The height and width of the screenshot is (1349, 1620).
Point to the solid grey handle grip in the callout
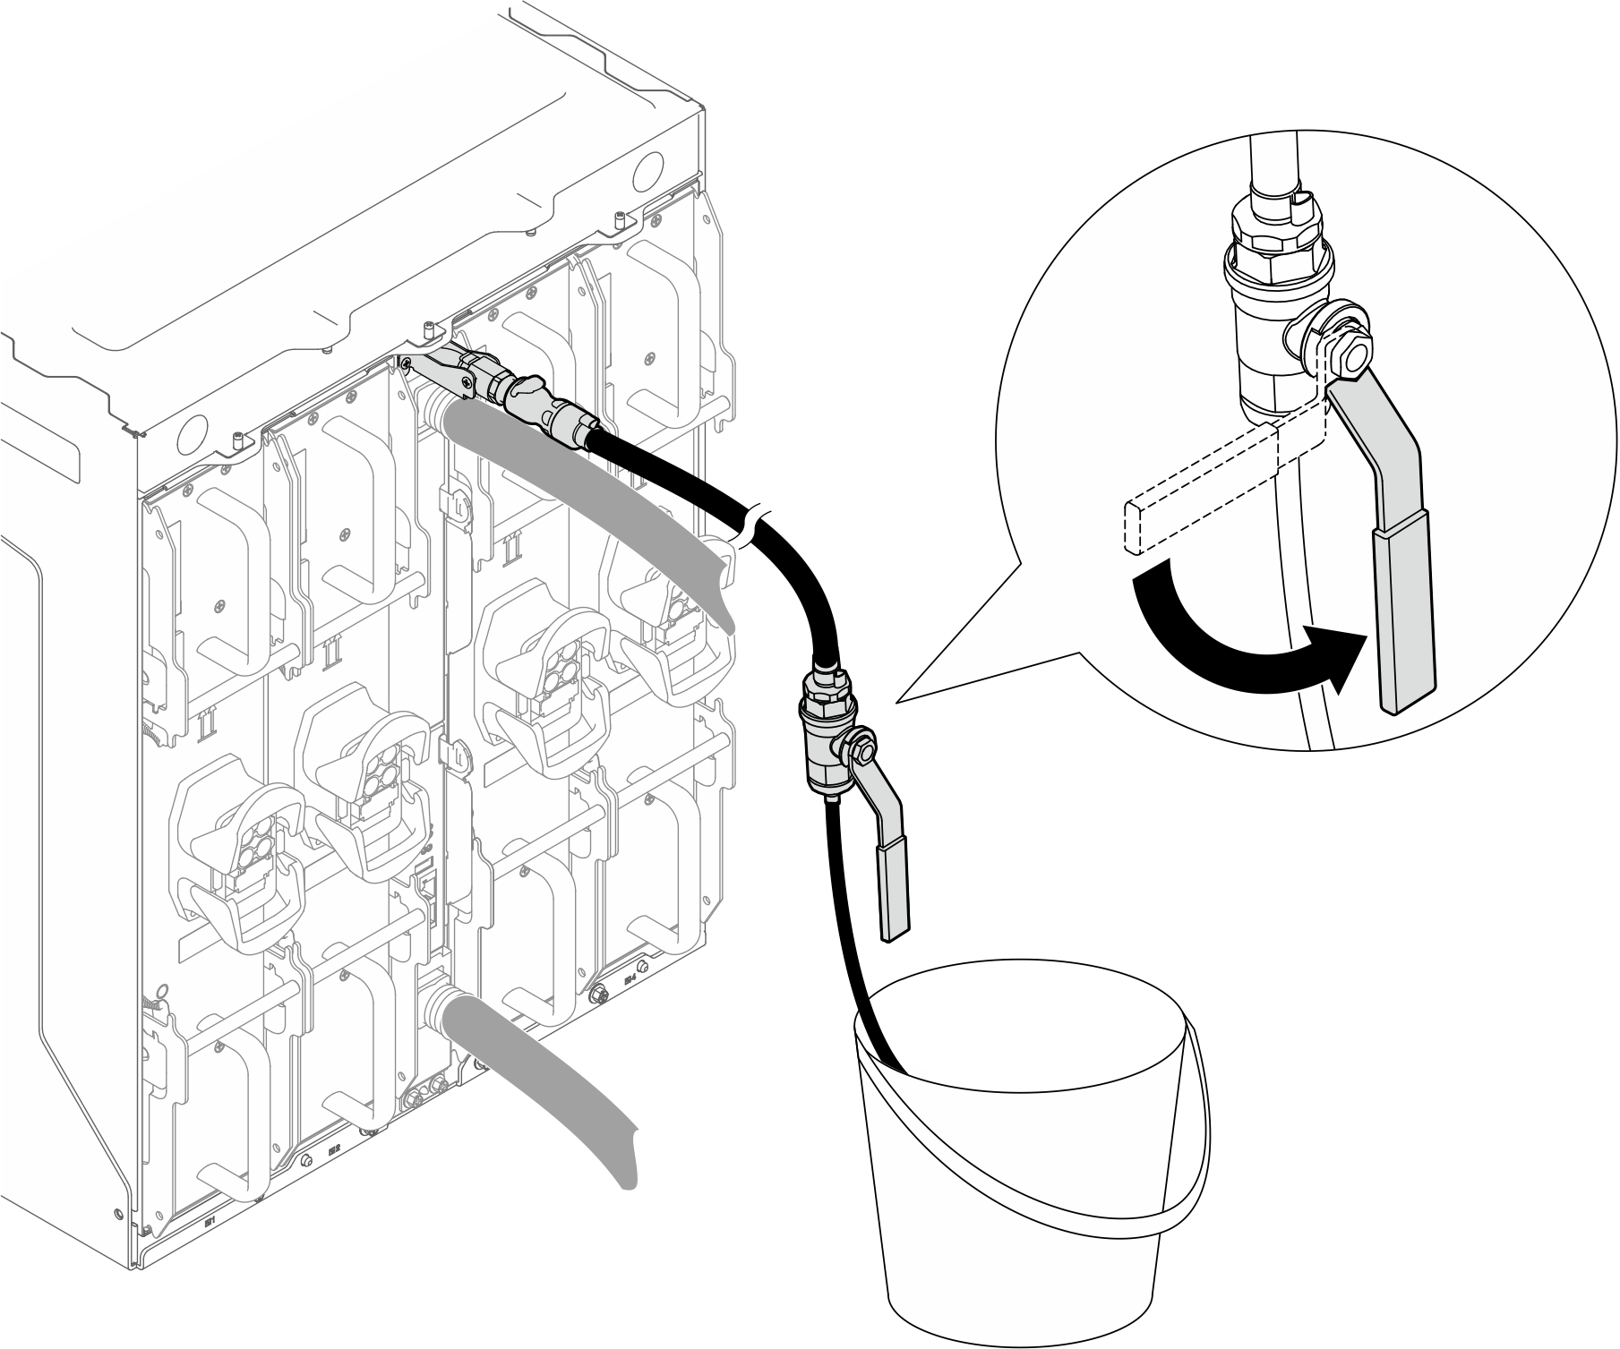tap(1403, 618)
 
